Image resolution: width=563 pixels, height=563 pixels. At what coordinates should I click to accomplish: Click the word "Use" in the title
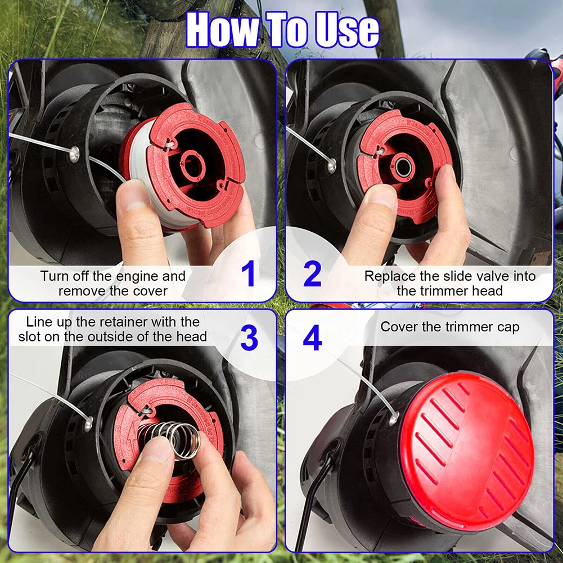pos(347,29)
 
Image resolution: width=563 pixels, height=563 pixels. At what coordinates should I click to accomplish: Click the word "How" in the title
pos(222,29)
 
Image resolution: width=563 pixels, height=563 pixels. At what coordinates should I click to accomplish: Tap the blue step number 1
pos(249,273)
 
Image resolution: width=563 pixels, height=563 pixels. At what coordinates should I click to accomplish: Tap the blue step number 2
pos(312,273)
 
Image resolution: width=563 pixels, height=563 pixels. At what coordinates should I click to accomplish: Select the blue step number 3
pos(249,338)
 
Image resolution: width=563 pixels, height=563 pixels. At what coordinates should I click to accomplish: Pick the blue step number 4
pos(312,338)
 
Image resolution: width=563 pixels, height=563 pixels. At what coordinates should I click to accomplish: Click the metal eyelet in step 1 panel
pos(74,154)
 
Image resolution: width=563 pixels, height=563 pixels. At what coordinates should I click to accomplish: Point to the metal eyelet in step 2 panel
pos(331,165)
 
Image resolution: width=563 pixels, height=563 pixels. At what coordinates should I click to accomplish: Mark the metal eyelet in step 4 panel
pos(394,418)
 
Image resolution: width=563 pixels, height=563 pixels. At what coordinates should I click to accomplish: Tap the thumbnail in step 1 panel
pos(133,197)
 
